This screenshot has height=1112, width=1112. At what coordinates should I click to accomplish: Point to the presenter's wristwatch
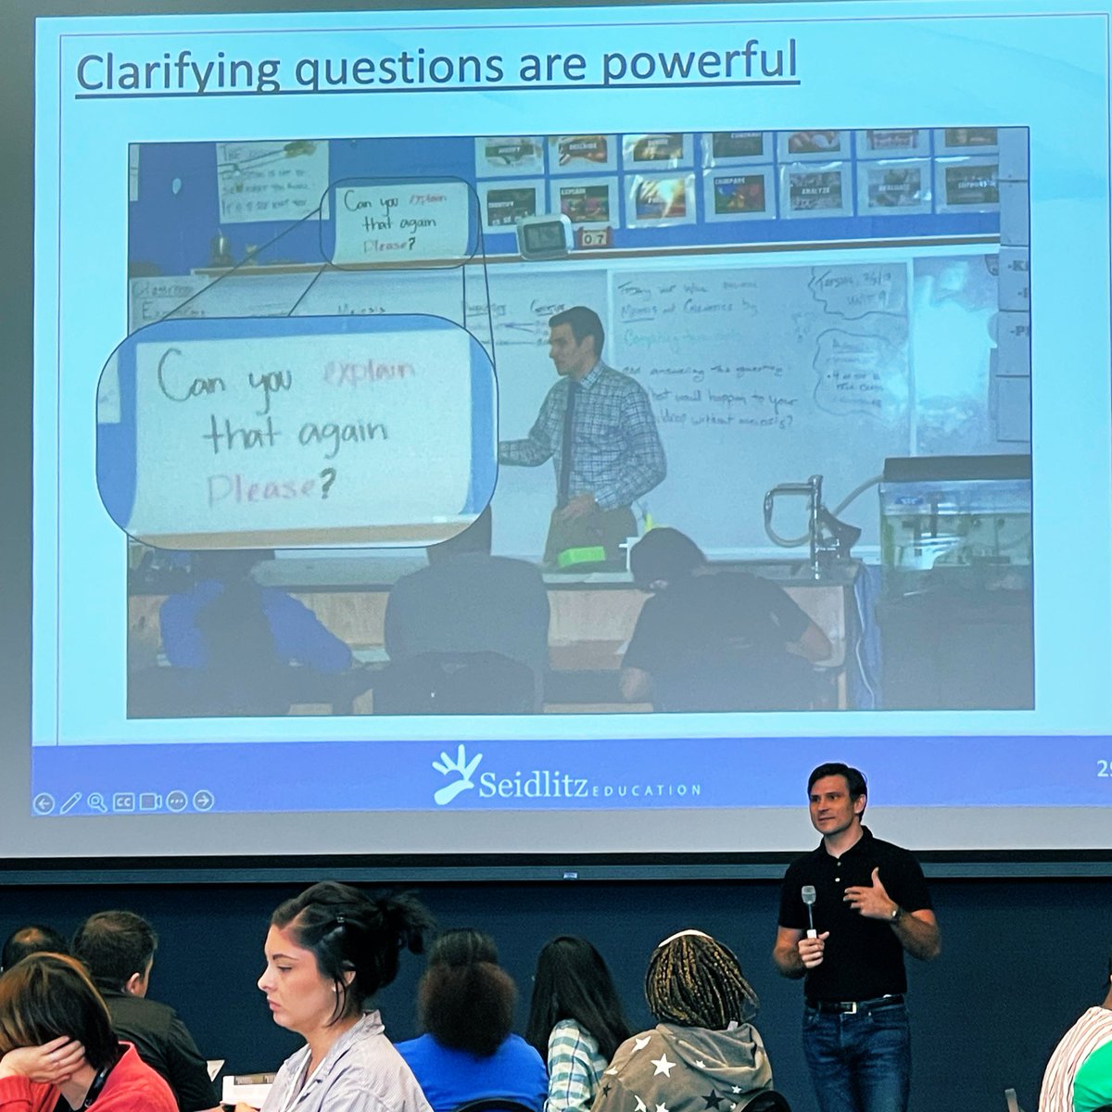click(895, 914)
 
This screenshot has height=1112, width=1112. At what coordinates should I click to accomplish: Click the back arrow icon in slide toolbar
click(44, 802)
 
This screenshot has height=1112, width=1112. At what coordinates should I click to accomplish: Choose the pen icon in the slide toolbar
click(70, 802)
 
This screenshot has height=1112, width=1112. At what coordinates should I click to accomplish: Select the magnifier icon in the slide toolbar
click(96, 802)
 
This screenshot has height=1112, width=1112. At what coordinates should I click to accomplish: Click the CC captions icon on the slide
click(123, 802)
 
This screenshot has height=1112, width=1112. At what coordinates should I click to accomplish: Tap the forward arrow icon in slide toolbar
click(203, 802)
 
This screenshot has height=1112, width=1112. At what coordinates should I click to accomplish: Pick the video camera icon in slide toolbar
click(150, 802)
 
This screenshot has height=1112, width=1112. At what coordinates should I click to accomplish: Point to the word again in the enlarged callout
click(342, 434)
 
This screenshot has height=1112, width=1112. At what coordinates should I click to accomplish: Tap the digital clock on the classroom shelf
click(544, 237)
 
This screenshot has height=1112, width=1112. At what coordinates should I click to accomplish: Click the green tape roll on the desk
click(580, 557)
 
